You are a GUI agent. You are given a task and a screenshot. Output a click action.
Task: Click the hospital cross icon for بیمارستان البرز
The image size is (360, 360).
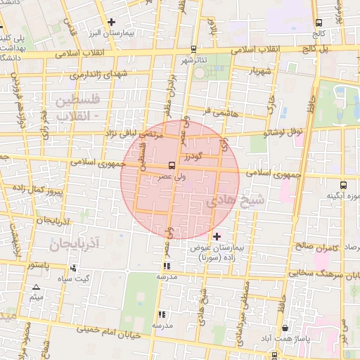112,22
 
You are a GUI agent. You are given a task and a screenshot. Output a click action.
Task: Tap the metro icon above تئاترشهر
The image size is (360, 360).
194,49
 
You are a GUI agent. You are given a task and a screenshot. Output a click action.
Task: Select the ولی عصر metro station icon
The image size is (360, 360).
172,166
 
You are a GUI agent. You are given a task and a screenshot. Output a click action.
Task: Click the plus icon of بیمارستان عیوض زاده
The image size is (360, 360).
217,236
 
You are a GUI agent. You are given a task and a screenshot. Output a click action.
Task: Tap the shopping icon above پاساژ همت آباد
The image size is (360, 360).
284,328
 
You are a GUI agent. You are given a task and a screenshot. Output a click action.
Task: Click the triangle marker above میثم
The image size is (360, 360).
36,287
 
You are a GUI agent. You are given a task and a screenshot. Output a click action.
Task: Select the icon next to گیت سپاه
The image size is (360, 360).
73,268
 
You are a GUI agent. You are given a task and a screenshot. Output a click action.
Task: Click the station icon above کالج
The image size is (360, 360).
320,22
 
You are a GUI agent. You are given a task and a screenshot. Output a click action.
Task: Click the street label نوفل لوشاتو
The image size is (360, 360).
283,132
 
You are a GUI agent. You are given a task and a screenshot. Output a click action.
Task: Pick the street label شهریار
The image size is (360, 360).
258,72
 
